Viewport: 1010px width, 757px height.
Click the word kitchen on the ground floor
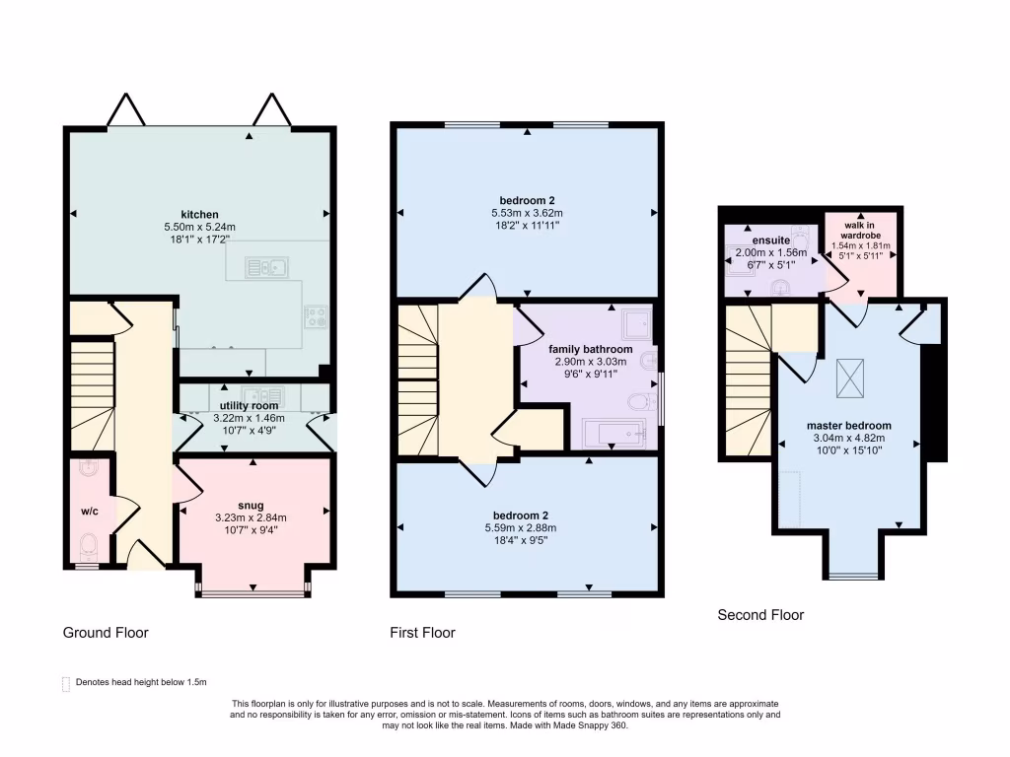click(x=199, y=215)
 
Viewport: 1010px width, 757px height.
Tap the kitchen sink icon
click(x=266, y=266)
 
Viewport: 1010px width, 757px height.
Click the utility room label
click(x=249, y=405)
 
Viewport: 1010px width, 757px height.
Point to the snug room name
click(x=252, y=505)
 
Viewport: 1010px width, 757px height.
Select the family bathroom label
click(x=591, y=349)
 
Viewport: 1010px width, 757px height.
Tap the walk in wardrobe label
click(x=860, y=230)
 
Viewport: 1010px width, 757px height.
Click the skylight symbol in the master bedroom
click(x=848, y=379)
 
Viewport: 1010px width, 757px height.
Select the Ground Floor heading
click(x=106, y=632)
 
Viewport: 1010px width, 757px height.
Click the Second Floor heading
click(x=760, y=615)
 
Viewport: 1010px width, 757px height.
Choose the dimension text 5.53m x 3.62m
click(x=527, y=225)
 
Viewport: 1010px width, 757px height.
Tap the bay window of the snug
click(x=252, y=592)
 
